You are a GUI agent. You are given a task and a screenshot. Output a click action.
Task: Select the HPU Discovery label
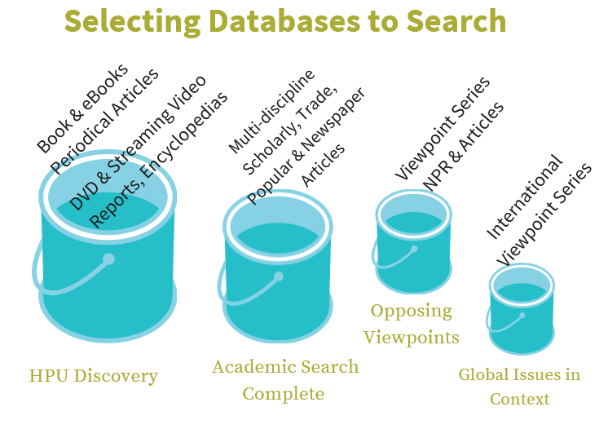click(x=93, y=376)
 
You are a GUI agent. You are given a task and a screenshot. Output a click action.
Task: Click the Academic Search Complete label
click(x=284, y=380)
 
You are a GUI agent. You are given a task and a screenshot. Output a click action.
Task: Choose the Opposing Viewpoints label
click(x=412, y=324)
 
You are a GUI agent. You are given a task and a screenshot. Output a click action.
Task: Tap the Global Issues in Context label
click(x=519, y=387)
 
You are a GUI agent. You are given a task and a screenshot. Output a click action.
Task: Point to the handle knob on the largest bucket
click(x=108, y=259)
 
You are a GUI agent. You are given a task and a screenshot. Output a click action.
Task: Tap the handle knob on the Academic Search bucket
click(x=278, y=276)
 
